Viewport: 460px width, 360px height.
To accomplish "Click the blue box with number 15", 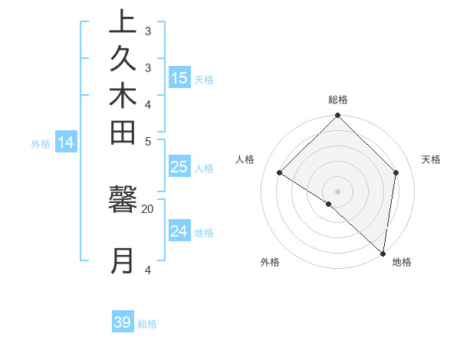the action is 179,78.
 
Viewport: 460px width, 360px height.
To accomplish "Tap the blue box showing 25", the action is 179,168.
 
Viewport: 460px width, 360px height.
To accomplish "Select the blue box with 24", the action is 179,231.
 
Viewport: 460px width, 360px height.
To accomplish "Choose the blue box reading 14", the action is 66,142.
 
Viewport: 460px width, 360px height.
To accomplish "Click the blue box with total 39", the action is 123,322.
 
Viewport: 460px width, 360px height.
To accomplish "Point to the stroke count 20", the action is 147,208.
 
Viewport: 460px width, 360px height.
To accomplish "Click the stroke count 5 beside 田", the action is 148,141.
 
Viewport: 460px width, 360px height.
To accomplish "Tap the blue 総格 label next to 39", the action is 147,324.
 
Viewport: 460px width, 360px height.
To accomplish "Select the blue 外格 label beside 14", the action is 41,143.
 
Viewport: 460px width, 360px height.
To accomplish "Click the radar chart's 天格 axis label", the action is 431,159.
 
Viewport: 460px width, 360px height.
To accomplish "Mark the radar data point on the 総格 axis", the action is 337,116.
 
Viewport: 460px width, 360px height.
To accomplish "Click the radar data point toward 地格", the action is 383,253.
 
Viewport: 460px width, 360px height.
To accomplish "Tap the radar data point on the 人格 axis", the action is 280,173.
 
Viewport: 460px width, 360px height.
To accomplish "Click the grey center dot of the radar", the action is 337,191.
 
